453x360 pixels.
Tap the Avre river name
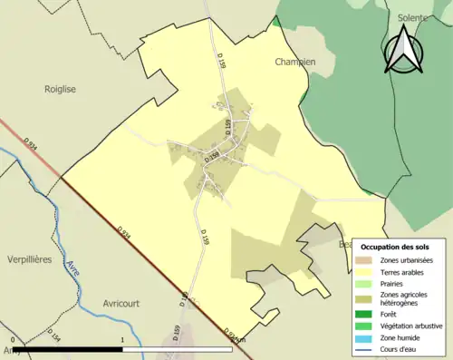tap(71, 271)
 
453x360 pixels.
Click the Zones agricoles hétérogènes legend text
tap(404, 299)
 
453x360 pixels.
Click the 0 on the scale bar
tap(13, 340)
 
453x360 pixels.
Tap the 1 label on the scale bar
tap(122, 340)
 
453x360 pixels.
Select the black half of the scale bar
tap(67, 348)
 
